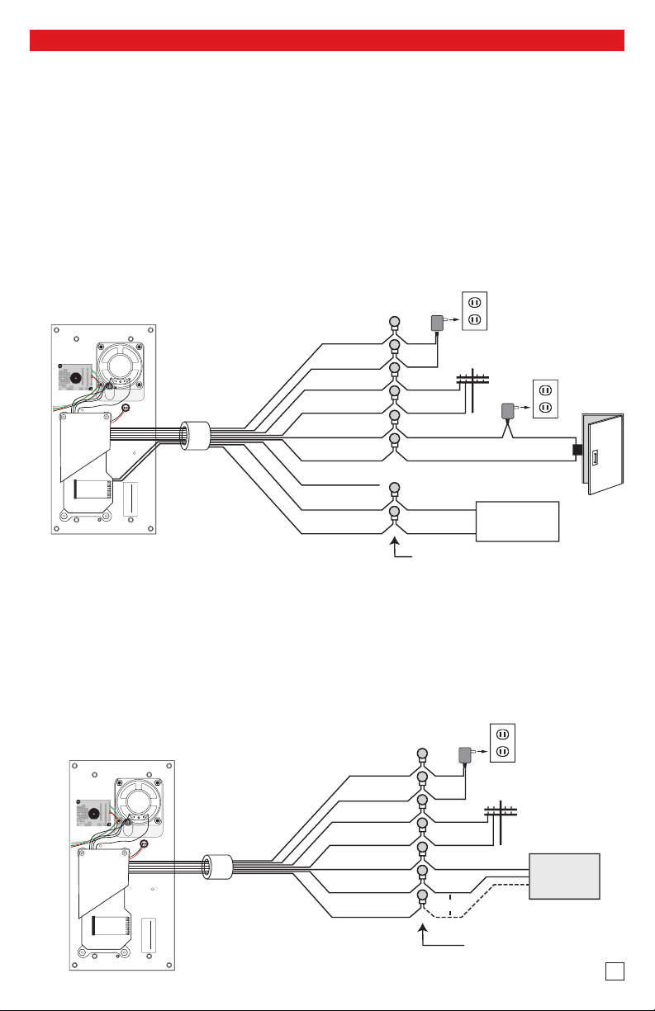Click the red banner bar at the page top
[x=327, y=40]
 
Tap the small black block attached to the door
[x=578, y=451]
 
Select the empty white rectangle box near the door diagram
[x=518, y=521]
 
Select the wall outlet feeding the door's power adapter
[x=547, y=397]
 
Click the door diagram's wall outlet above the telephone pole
[x=475, y=311]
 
